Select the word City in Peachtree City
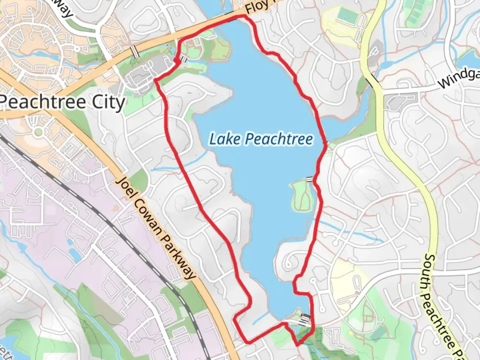108,102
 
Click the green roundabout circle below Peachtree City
39,132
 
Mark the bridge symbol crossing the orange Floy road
134,52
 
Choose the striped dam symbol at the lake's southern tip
305,320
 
